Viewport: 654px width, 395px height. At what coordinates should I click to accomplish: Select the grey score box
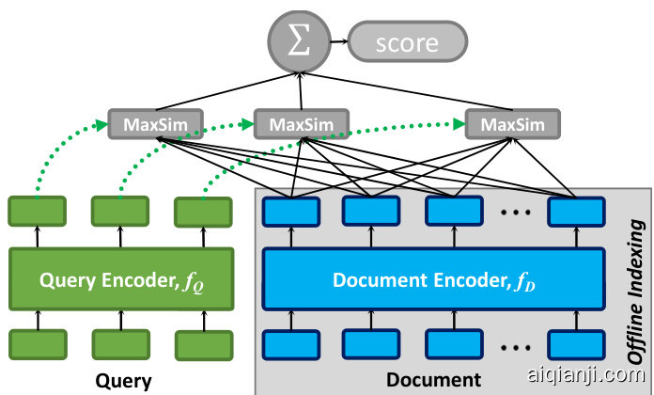[407, 41]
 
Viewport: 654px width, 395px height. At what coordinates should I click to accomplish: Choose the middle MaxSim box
[302, 123]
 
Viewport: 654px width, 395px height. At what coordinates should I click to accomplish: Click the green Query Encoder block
[120, 278]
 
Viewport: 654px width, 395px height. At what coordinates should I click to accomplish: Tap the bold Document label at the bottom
[432, 381]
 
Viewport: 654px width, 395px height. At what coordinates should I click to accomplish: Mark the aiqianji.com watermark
[597, 375]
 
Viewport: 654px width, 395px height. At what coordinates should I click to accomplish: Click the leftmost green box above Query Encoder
[37, 210]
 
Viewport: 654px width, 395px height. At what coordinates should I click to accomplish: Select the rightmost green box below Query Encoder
[204, 344]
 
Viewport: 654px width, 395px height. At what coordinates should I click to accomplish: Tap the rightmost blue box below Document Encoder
[576, 344]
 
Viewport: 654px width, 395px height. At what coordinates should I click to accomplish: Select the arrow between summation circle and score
[337, 41]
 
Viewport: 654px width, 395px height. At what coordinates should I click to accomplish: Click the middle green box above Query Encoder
[119, 210]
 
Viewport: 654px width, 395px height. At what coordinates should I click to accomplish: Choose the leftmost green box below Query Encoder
[37, 344]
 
